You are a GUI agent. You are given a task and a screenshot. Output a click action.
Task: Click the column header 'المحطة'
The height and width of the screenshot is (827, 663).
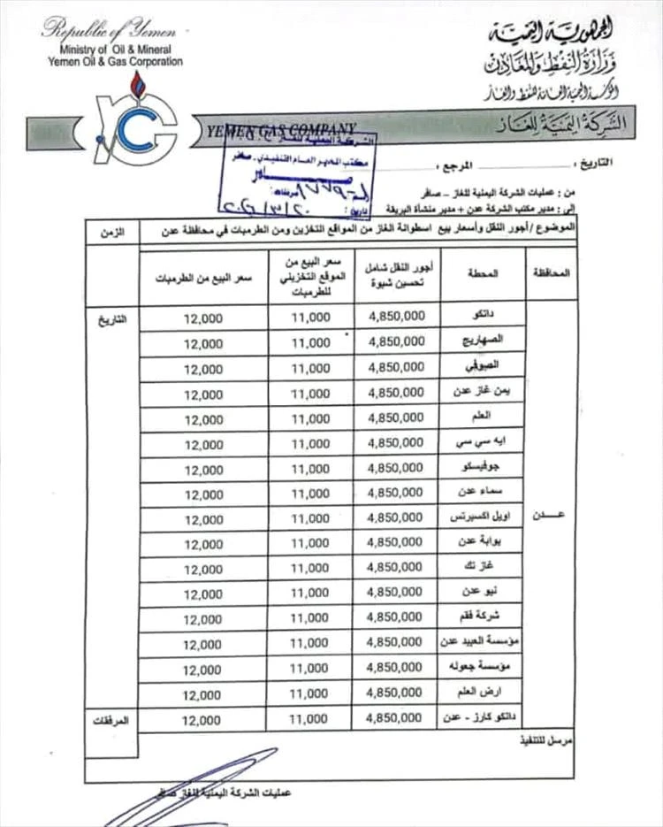482,274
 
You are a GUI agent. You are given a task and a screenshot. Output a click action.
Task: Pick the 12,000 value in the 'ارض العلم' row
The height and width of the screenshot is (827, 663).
203,694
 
